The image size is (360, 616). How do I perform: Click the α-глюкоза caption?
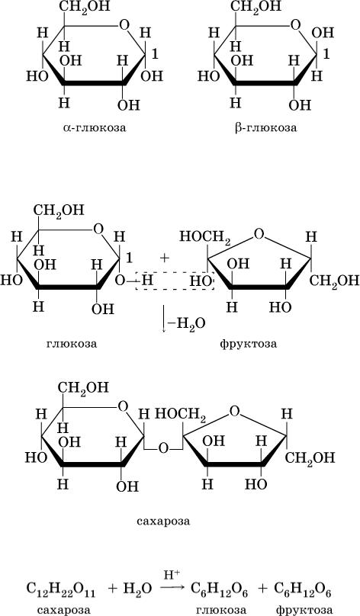[95, 127]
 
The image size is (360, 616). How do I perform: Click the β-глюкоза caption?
[266, 127]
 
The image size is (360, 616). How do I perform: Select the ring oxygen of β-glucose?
[295, 25]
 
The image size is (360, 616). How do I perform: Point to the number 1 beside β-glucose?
[326, 54]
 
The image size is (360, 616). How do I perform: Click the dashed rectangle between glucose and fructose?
[175, 281]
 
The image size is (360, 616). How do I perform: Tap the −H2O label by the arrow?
[186, 324]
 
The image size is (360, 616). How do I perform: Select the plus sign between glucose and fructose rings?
[164, 258]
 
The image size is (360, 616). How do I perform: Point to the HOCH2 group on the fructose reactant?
[205, 237]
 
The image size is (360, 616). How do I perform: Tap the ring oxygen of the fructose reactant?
[259, 234]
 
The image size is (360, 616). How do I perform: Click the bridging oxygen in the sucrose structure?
[163, 448]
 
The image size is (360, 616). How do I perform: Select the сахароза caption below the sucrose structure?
[163, 521]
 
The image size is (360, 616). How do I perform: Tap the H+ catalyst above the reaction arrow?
[172, 575]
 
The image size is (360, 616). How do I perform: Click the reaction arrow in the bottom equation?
[172, 588]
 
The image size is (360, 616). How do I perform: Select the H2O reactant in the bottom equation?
[137, 589]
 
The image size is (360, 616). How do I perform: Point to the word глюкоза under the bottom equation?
[221, 610]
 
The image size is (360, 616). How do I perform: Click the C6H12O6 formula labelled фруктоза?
[303, 589]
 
